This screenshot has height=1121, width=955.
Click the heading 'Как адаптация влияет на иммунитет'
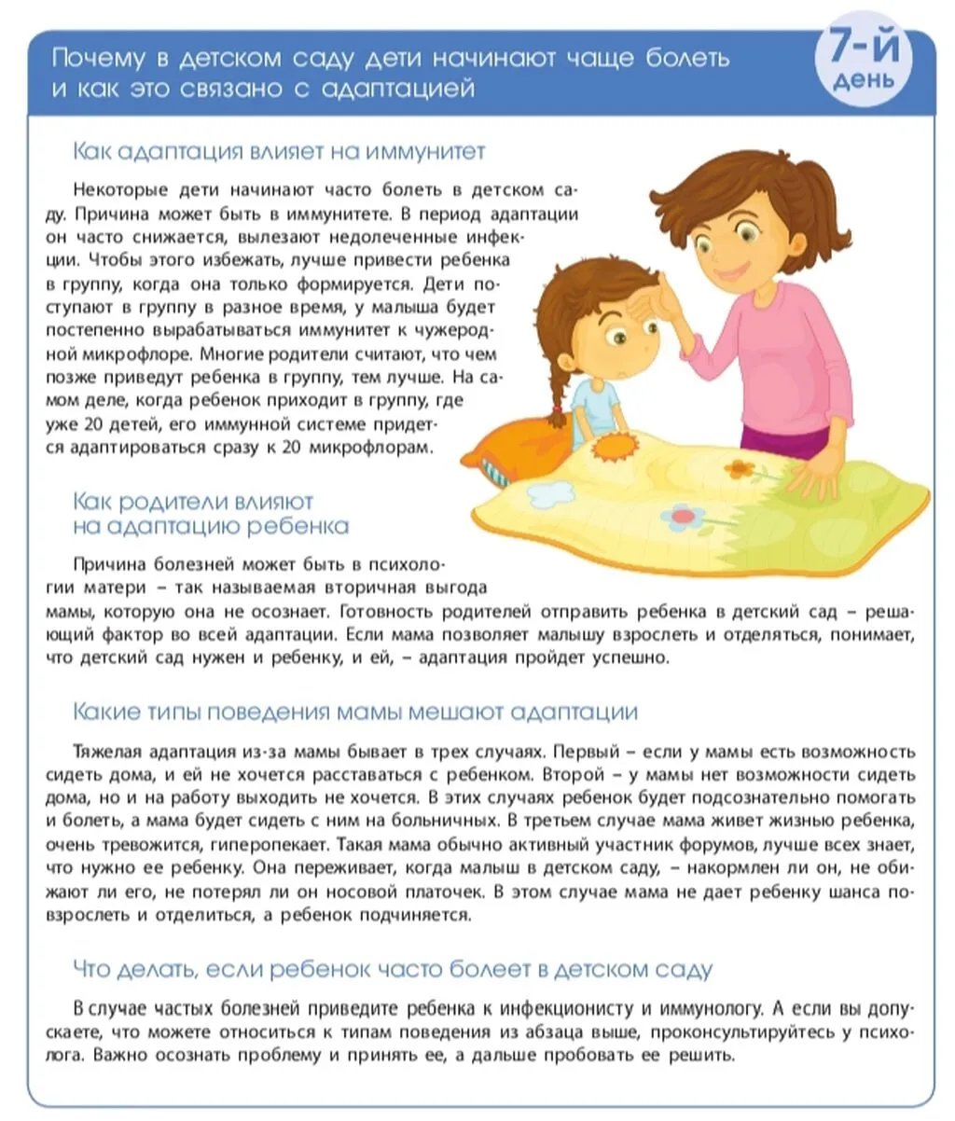pyautogui.click(x=279, y=151)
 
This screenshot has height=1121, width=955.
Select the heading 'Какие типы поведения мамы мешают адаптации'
pyautogui.click(x=355, y=712)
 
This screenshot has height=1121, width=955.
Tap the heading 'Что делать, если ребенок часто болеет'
pyautogui.click(x=392, y=969)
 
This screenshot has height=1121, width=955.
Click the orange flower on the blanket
pyautogui.click(x=740, y=467)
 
